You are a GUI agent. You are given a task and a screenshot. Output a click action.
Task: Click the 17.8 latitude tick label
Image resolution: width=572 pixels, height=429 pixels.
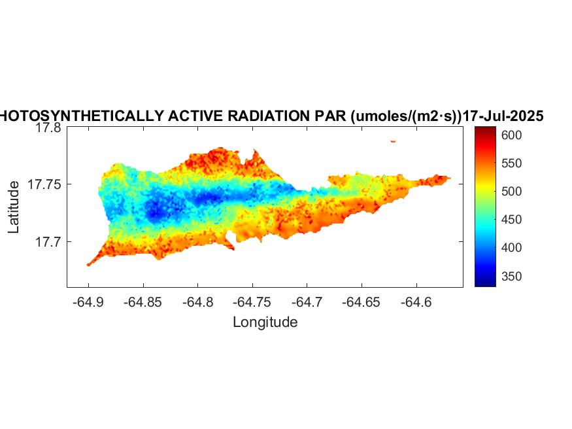[48, 128]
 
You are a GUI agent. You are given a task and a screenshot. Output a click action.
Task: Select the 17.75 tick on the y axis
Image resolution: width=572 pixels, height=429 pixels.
[44, 185]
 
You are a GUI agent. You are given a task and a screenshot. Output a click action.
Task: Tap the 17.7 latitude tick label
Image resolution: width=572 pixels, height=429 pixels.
[48, 242]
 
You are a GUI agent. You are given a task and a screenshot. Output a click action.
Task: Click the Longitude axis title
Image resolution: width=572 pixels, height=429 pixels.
[265, 322]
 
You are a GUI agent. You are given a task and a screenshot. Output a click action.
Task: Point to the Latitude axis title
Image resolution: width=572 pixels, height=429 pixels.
[14, 207]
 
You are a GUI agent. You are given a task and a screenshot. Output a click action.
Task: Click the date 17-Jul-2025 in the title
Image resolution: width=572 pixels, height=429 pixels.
[503, 116]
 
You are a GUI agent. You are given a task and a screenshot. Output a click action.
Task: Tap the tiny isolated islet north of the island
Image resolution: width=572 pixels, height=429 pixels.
[393, 141]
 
